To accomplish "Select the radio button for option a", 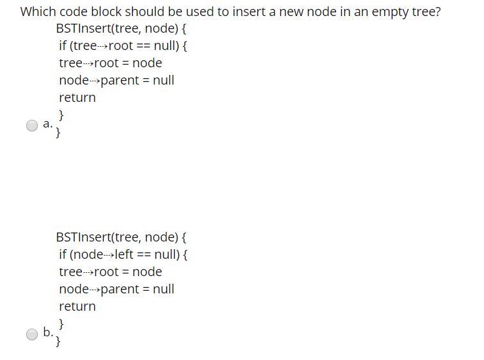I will point(32,126).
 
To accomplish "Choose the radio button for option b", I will point(32,334).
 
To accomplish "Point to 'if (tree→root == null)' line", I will point(122,46).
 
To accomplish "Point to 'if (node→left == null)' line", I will point(122,254).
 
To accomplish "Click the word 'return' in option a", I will point(77,98).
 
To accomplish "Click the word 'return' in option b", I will point(77,306).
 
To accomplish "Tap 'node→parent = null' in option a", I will point(117,81).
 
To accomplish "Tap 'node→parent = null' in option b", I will point(117,289).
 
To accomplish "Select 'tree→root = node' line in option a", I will point(110,63).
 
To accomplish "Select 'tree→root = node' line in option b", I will point(110,272).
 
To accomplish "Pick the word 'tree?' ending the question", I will point(426,12).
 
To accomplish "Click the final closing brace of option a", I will point(59,133).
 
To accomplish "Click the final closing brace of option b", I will point(59,341).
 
